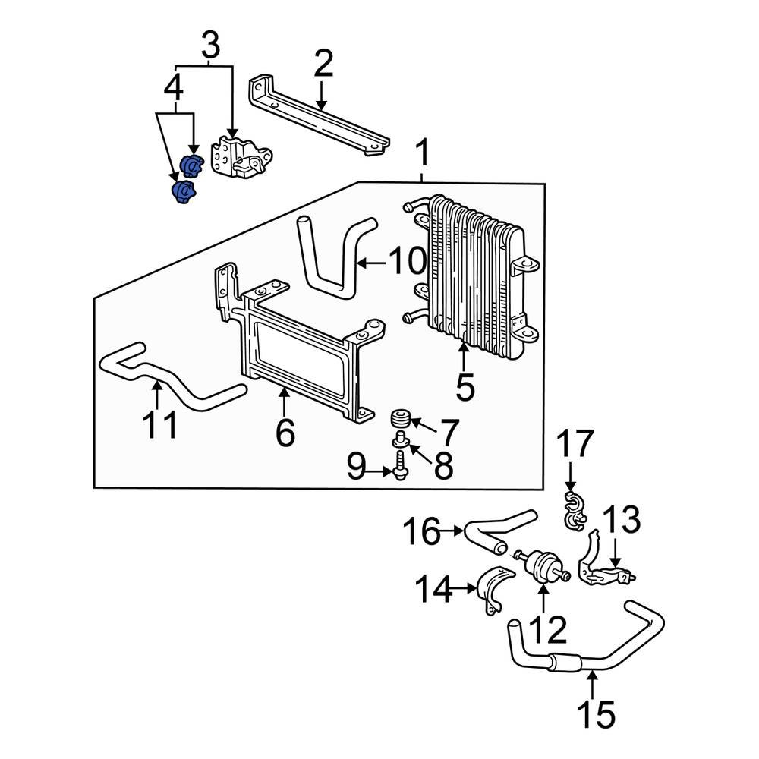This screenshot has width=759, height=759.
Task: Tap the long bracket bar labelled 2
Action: (x=319, y=118)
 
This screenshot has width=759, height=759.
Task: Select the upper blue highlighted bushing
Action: (x=193, y=164)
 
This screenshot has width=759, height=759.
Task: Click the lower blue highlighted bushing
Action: (x=183, y=191)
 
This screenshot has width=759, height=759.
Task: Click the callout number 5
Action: (x=465, y=387)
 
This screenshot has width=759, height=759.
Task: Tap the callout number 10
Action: (x=407, y=263)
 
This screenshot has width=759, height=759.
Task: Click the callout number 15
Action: (x=596, y=713)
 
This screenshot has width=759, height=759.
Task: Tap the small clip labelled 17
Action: (x=574, y=509)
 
